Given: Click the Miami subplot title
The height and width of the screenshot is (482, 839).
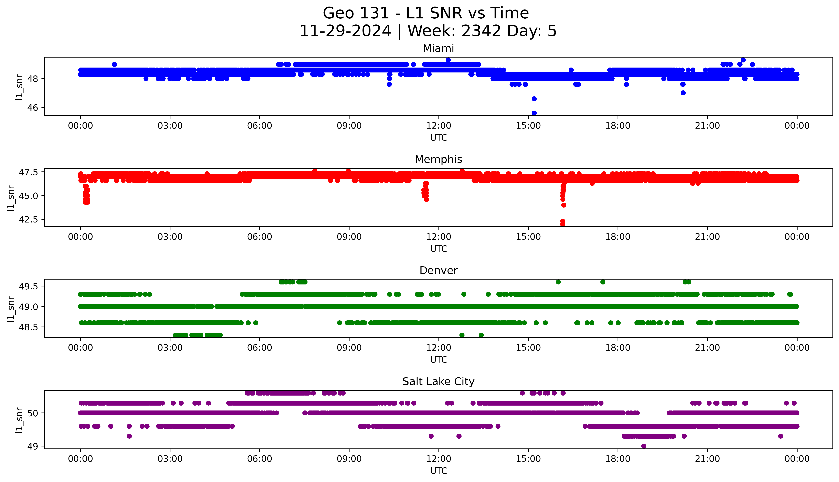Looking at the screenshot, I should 438,49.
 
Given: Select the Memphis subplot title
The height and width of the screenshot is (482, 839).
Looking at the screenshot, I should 438,160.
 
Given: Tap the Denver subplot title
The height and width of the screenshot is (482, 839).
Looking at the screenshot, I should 438,270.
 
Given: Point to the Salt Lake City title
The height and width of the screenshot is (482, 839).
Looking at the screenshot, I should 438,382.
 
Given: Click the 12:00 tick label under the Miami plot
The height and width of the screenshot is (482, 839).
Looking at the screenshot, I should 438,126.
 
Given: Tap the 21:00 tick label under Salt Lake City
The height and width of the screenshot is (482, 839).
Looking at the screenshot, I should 707,459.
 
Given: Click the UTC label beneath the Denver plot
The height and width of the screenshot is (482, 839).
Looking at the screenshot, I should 438,359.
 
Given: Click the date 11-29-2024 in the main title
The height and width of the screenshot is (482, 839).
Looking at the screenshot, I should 345,31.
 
